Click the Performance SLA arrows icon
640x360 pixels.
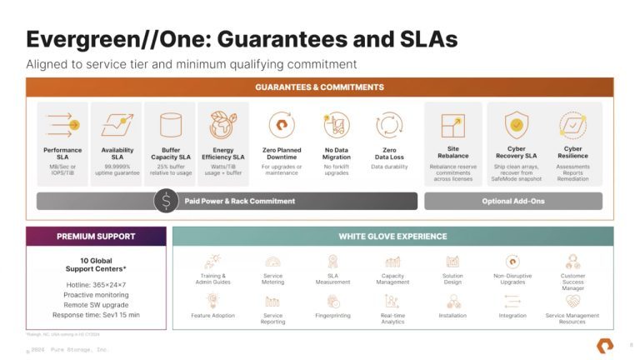tap(62, 125)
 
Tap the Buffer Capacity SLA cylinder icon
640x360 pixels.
tap(170, 125)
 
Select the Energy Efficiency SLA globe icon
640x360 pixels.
tap(222, 125)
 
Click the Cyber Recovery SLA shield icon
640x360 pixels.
tap(517, 125)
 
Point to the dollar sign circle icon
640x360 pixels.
tap(167, 201)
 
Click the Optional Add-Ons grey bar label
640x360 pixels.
tap(512, 201)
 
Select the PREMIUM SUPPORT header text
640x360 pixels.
tap(96, 237)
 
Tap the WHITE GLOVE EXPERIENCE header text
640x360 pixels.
tap(392, 237)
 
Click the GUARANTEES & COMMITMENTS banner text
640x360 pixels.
tap(320, 87)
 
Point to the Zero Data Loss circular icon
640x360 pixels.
tap(389, 125)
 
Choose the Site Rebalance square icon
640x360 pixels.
tap(452, 125)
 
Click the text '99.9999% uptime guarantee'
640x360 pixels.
tap(117, 170)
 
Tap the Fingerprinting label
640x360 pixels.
tap(332, 316)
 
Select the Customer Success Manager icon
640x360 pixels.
tap(572, 261)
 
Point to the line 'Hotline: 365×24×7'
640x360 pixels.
tap(96, 285)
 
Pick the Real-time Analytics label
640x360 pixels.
tap(392, 318)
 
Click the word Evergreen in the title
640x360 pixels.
tap(77, 39)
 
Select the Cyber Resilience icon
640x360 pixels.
tap(572, 125)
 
